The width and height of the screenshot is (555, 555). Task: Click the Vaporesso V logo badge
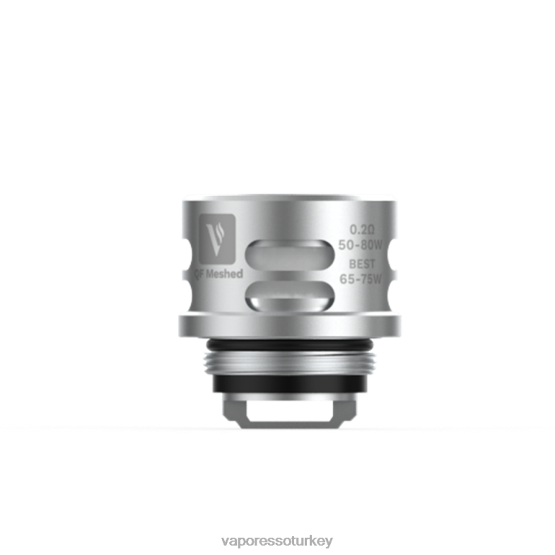pyautogui.click(x=217, y=239)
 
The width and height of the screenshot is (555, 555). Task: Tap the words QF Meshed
pyautogui.click(x=218, y=274)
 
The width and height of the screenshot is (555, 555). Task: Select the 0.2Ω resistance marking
pyautogui.click(x=362, y=230)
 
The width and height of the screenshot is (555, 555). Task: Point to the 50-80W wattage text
pyautogui.click(x=361, y=245)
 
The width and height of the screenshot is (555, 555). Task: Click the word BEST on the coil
pyautogui.click(x=362, y=264)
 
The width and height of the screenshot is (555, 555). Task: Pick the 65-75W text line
pyautogui.click(x=361, y=279)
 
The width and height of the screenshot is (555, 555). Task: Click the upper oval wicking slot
pyautogui.click(x=291, y=255)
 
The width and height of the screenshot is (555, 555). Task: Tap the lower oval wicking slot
pyautogui.click(x=291, y=295)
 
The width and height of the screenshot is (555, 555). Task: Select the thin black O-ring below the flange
pyautogui.click(x=291, y=344)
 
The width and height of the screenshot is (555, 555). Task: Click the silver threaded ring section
pyautogui.click(x=291, y=363)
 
